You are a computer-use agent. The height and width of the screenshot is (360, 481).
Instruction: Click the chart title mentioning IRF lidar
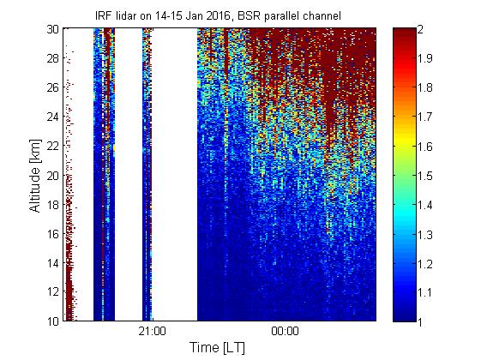pyautogui.click(x=218, y=15)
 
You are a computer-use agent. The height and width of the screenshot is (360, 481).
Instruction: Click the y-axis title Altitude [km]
pyautogui.click(x=35, y=176)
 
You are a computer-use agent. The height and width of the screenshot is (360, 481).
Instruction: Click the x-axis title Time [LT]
pyautogui.click(x=218, y=347)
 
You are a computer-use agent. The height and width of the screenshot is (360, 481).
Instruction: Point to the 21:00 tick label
pyautogui.click(x=152, y=332)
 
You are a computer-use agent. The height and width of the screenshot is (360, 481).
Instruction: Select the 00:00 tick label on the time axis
pyautogui.click(x=285, y=332)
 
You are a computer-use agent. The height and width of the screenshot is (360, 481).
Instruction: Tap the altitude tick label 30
pyautogui.click(x=53, y=29)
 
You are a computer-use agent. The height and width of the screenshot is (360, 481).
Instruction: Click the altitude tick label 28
pyautogui.click(x=53, y=58)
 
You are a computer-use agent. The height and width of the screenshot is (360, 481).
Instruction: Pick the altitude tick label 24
pyautogui.click(x=53, y=117)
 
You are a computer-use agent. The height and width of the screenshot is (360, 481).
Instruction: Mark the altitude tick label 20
pyautogui.click(x=53, y=176)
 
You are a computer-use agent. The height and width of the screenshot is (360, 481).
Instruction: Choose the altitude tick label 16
pyautogui.click(x=53, y=234)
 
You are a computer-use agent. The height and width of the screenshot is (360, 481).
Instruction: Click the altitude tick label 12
pyautogui.click(x=53, y=292)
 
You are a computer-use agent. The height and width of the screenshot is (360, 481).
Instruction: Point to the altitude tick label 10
pyautogui.click(x=53, y=321)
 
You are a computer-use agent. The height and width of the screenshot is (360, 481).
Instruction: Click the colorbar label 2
pyautogui.click(x=420, y=29)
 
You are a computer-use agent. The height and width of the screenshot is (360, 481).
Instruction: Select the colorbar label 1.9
pyautogui.click(x=424, y=58)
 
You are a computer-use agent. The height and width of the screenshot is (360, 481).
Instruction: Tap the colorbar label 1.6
pyautogui.click(x=424, y=147)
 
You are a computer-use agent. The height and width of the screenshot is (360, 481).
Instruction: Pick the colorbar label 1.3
pyautogui.click(x=424, y=235)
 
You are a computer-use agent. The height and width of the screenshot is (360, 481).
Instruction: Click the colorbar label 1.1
pyautogui.click(x=424, y=292)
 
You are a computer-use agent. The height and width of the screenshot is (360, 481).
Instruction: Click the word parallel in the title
pyautogui.click(x=280, y=16)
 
